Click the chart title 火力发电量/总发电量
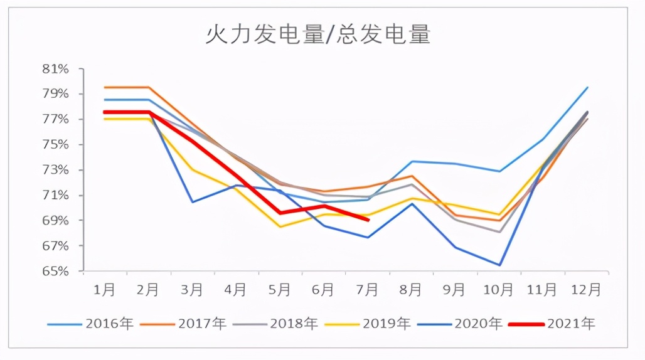pyautogui.click(x=318, y=34)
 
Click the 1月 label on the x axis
pyautogui.click(x=104, y=289)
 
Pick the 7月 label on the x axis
pyautogui.click(x=367, y=289)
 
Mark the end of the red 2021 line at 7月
pyautogui.click(x=368, y=220)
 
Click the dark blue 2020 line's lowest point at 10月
pyautogui.click(x=499, y=265)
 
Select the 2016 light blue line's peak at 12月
pyautogui.click(x=587, y=87)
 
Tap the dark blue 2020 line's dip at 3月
pyautogui.click(x=192, y=202)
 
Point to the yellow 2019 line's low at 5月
pyautogui.click(x=280, y=226)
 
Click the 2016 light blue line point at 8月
pyautogui.click(x=412, y=161)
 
